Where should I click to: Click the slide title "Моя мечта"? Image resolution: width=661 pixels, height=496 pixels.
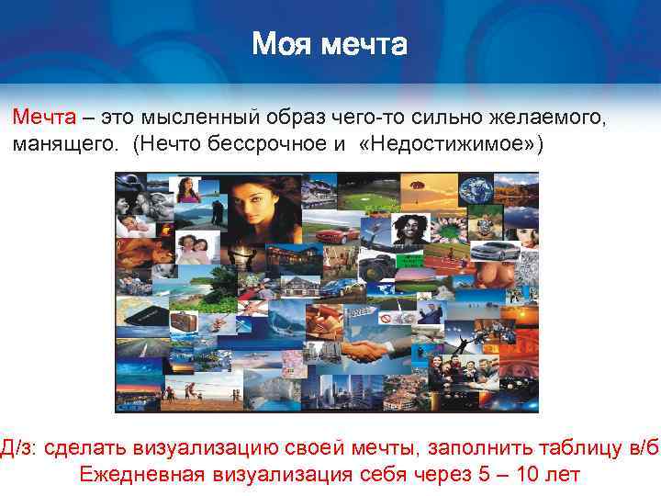(330, 42)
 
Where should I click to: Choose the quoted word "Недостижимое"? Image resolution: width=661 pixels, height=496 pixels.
(444, 145)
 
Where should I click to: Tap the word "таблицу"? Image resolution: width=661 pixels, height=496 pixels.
(574, 447)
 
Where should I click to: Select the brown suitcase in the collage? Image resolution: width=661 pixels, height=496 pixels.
(183, 321)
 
